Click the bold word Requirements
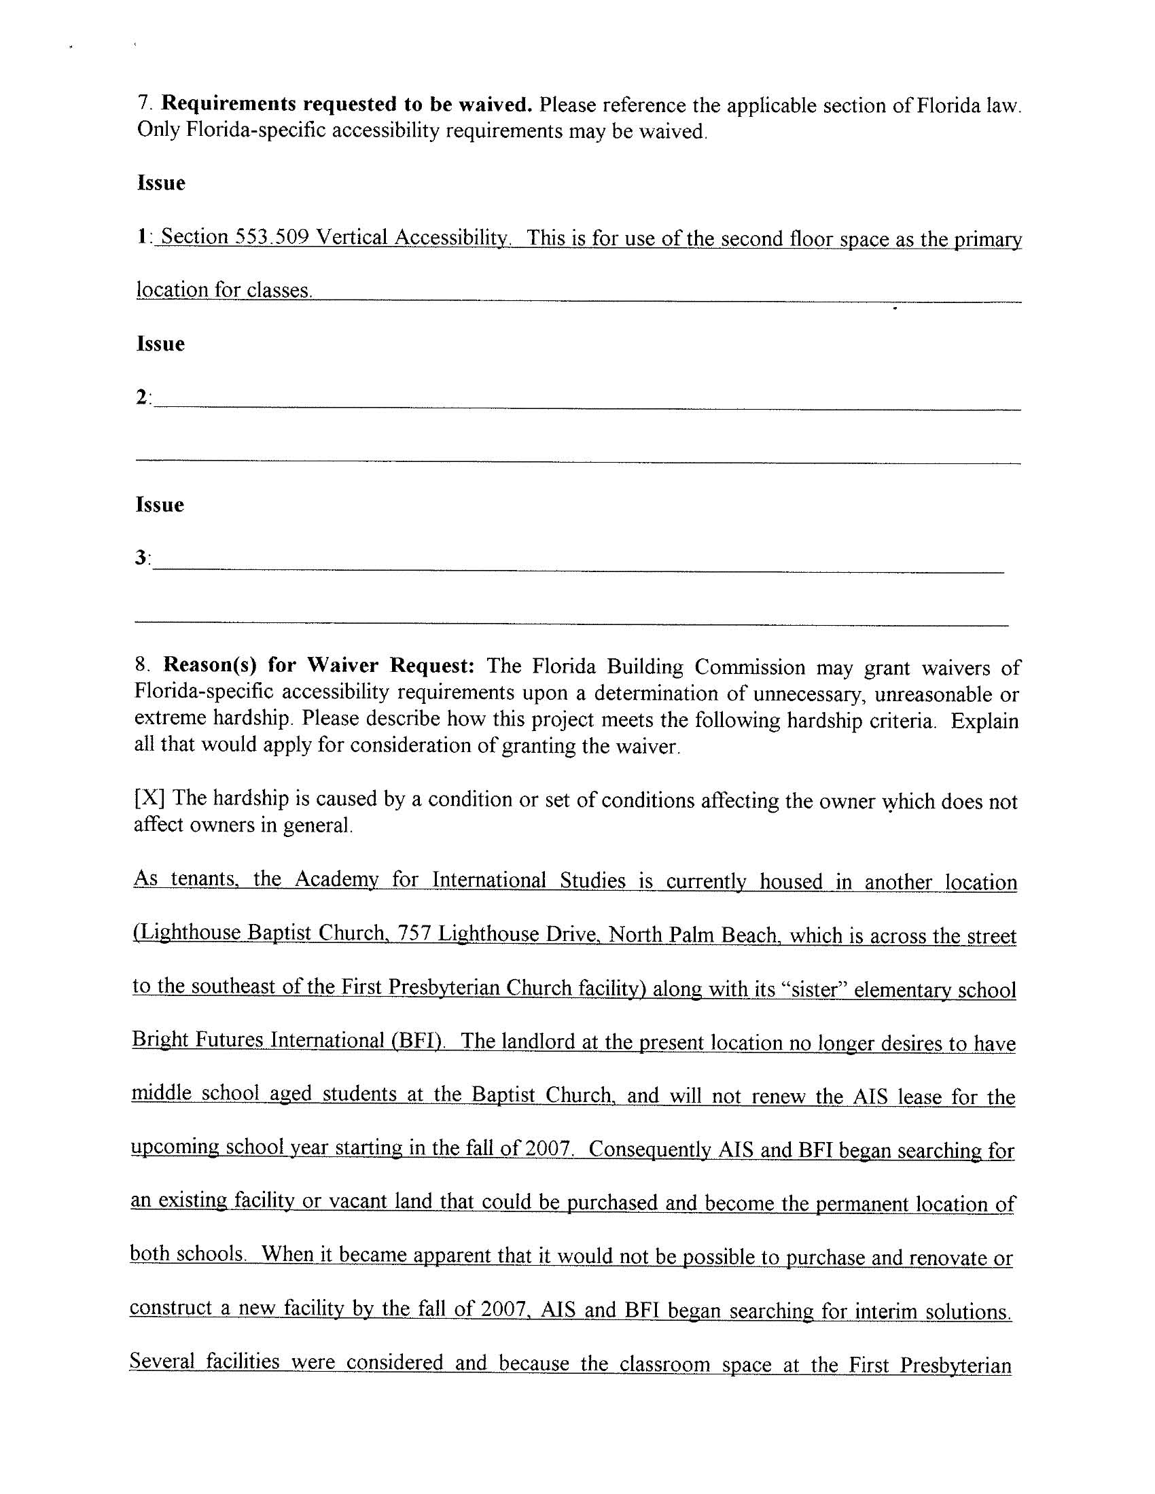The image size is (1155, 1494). tap(229, 104)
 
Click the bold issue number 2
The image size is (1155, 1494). tap(141, 397)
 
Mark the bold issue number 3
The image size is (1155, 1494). tap(141, 558)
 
